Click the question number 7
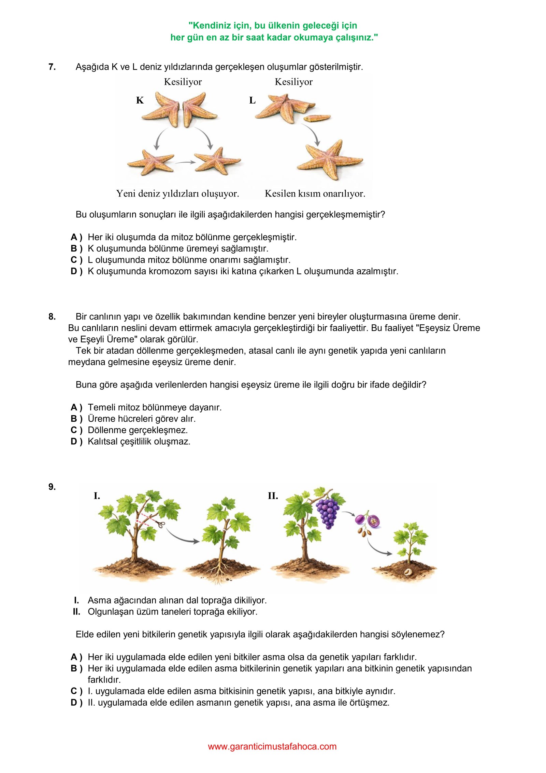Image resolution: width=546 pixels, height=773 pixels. coord(52,67)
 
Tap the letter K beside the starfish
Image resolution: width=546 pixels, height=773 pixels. coord(140,100)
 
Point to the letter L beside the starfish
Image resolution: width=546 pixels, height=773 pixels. coord(252,100)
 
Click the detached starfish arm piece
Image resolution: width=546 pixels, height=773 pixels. coord(317,118)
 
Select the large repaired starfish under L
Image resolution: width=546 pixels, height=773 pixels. coord(329,159)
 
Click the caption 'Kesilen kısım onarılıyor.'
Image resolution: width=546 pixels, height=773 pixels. coord(315,194)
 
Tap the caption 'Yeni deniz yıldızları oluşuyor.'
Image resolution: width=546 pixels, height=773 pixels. coord(177,194)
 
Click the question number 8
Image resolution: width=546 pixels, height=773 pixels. coord(52,317)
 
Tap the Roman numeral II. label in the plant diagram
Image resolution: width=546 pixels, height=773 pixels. coord(273,496)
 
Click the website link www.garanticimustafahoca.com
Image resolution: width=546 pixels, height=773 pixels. coord(272,747)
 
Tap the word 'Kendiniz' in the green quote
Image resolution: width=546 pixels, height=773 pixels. coord(212,26)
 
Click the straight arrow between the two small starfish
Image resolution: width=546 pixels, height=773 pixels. coord(185,163)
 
